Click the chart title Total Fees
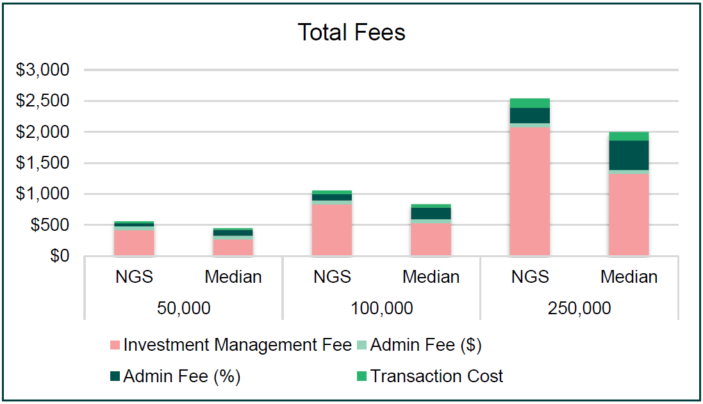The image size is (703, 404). pyautogui.click(x=351, y=32)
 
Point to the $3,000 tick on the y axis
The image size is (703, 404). pyautogui.click(x=42, y=70)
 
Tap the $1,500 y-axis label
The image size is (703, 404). pyautogui.click(x=42, y=163)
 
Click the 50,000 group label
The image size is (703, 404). pyautogui.click(x=183, y=308)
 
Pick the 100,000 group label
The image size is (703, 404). pyautogui.click(x=381, y=308)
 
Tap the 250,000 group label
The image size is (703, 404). pyautogui.click(x=579, y=308)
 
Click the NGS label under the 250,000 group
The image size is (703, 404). pyautogui.click(x=530, y=277)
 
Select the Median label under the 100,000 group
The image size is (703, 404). pyautogui.click(x=431, y=277)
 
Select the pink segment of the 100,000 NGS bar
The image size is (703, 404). pyautogui.click(x=332, y=230)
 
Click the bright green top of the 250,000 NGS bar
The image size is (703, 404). pyautogui.click(x=530, y=103)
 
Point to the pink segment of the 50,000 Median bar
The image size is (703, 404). pyautogui.click(x=233, y=248)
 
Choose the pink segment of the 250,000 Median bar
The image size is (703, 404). pyautogui.click(x=629, y=215)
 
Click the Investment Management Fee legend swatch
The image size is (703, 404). pyautogui.click(x=115, y=345)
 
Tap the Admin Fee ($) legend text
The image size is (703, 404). pyautogui.click(x=426, y=345)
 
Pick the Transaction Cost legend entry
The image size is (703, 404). pyautogui.click(x=429, y=376)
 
